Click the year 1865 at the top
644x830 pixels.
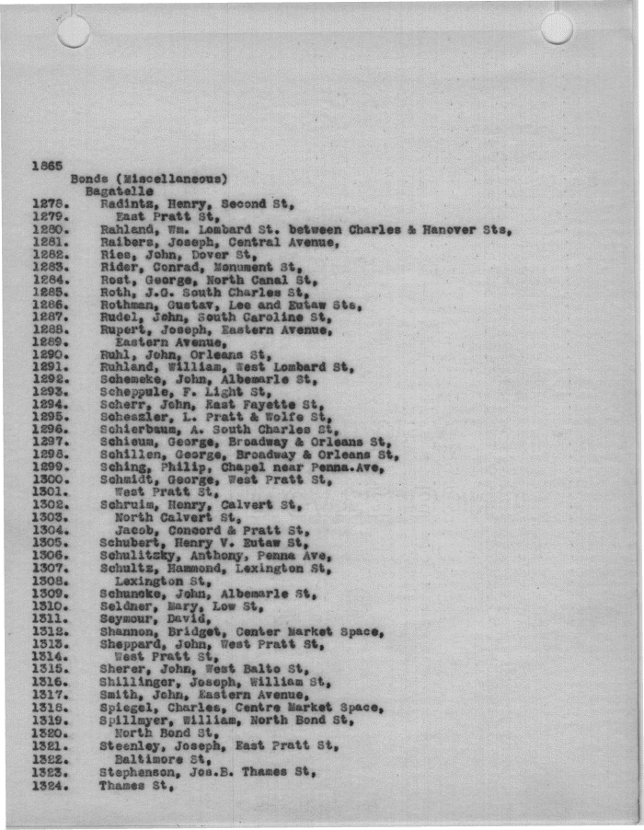click(x=46, y=166)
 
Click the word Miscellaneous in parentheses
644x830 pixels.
click(x=177, y=179)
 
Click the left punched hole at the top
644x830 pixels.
click(x=74, y=30)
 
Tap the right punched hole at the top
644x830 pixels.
click(x=557, y=29)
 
